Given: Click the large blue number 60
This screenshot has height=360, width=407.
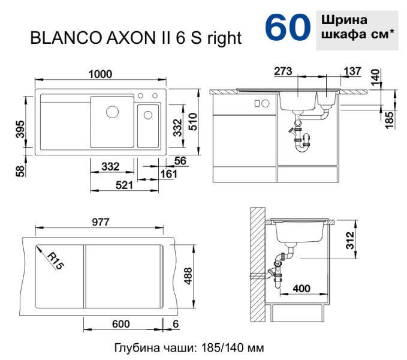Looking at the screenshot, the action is [x=288, y=28].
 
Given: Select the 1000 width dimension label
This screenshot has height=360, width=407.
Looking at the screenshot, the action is [x=100, y=74].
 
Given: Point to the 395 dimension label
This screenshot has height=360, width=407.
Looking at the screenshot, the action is [x=20, y=130].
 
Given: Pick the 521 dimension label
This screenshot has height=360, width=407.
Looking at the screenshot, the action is [x=124, y=185].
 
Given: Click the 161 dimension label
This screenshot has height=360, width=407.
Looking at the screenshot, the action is [x=168, y=174].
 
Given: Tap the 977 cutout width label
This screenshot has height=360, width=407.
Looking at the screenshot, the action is [x=101, y=222].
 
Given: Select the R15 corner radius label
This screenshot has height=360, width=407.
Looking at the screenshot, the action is [x=56, y=261].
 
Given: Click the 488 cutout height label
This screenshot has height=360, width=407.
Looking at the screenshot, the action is [x=188, y=276].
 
